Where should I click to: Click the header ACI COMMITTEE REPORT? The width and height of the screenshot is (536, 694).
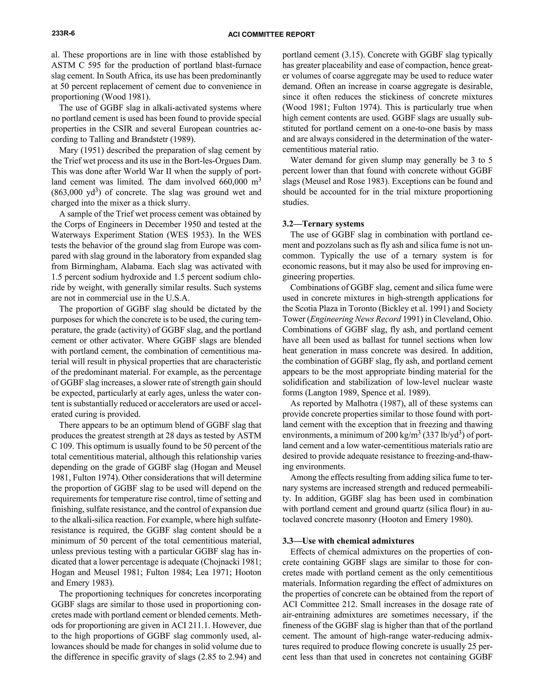pos(271,35)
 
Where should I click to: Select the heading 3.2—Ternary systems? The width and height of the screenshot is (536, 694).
pos(323,224)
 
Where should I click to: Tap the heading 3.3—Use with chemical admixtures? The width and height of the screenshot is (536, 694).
pos(348,541)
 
